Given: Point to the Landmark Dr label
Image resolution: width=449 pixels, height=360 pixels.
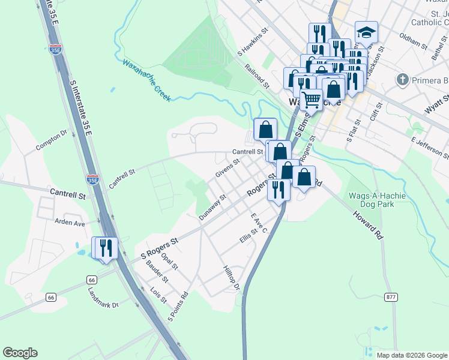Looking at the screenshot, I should click(103, 297).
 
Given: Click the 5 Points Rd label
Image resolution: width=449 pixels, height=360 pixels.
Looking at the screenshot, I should click(179, 307).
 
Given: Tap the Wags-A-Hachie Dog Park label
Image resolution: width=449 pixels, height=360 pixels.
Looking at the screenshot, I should click(377, 200).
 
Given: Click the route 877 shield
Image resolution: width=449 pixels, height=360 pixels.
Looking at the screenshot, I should click(392, 297).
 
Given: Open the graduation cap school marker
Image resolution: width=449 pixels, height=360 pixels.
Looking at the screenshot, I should click(366, 32).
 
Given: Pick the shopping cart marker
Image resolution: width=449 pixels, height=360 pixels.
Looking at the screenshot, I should click(311, 99).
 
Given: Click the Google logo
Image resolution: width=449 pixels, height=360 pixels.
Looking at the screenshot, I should click(20, 353).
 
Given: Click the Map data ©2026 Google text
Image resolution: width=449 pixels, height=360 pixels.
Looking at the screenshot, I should click(411, 355).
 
